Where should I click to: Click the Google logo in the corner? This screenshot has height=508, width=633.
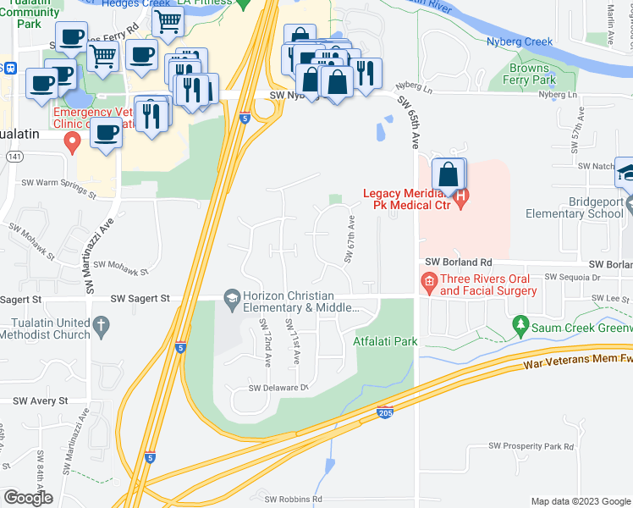[x=28, y=498]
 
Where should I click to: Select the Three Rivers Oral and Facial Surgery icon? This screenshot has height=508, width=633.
[x=429, y=281]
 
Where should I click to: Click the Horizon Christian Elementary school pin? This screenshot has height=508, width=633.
[x=231, y=297]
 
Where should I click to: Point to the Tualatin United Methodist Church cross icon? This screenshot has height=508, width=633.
[x=101, y=325]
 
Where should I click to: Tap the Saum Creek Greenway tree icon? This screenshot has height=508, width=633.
[x=520, y=323]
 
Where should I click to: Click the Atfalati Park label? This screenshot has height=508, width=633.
[x=385, y=342]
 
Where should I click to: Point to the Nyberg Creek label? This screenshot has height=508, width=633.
[x=520, y=41]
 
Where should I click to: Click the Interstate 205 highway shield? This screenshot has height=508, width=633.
[x=384, y=412]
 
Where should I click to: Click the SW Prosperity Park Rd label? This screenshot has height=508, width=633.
[x=531, y=446]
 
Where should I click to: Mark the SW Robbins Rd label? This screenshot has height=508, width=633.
[x=295, y=500]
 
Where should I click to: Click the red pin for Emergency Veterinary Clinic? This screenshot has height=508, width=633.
[x=73, y=141]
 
